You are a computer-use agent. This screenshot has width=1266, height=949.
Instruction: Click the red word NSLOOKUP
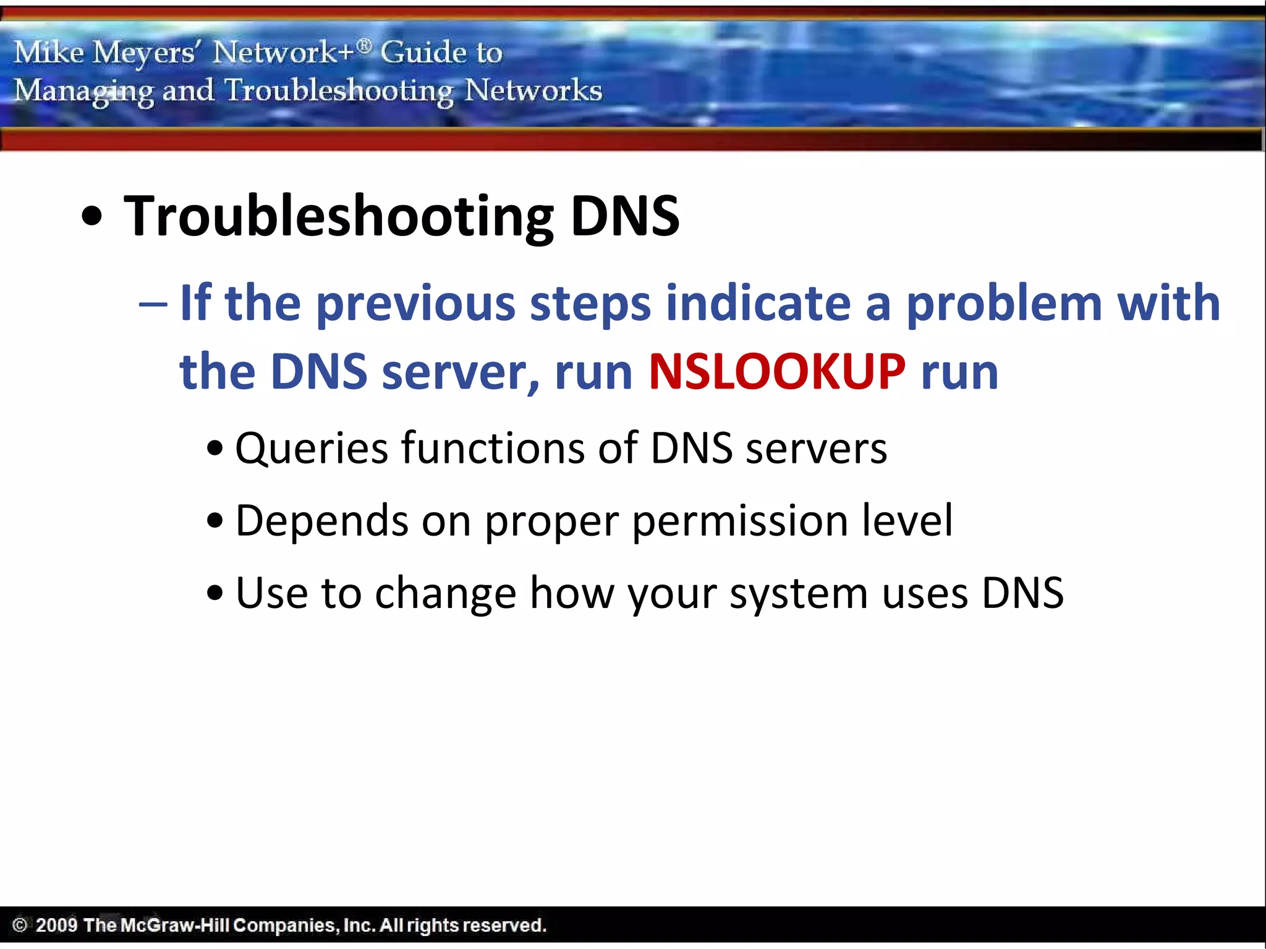[x=776, y=371]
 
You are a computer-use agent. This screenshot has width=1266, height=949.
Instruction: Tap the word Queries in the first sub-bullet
[x=311, y=449]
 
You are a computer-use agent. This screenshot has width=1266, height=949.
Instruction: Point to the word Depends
[x=321, y=521]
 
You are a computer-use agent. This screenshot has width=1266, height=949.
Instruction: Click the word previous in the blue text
[x=415, y=303]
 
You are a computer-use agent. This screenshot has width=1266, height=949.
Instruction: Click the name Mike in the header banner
[x=48, y=52]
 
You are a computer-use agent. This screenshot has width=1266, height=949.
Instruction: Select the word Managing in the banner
[x=84, y=91]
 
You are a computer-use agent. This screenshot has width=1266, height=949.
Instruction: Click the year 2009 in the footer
[x=56, y=925]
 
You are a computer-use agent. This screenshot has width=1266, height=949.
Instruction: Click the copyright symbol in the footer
[x=19, y=925]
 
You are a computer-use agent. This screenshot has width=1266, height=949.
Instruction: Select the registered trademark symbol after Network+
[x=365, y=45]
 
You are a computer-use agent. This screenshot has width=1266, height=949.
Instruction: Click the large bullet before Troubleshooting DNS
[x=92, y=217]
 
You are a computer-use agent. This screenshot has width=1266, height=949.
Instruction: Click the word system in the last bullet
[x=799, y=594]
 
